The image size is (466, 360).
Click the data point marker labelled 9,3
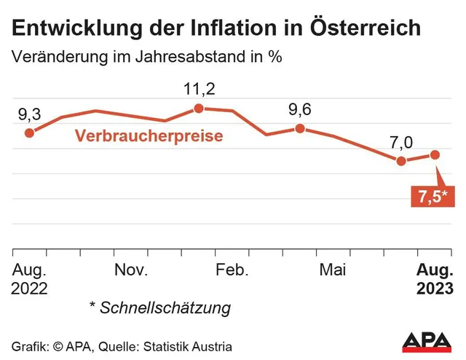29,133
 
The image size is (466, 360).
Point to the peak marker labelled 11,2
198,109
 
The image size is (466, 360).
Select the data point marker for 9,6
299,128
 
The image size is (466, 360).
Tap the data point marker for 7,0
400,160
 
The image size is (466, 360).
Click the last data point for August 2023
435,154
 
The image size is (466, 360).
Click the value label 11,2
198,90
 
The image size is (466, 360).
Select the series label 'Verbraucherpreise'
149,136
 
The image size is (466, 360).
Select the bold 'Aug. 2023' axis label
434,279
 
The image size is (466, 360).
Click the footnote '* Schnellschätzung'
159,308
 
